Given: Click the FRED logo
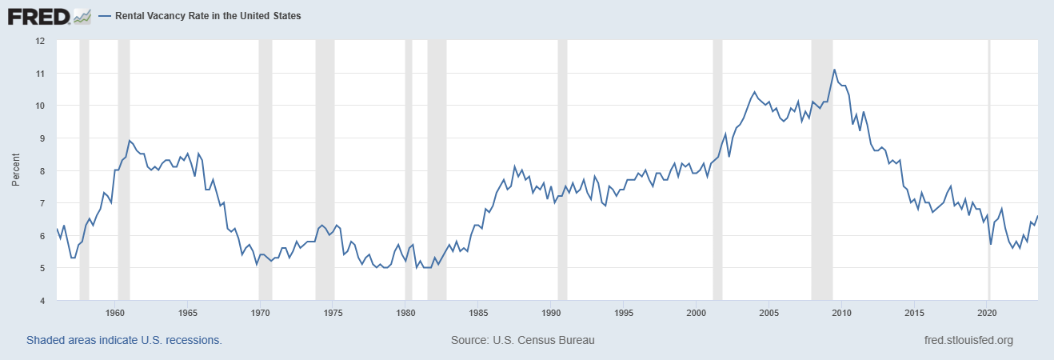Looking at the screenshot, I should click(x=48, y=15).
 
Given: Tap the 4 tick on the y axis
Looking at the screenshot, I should click(x=43, y=301).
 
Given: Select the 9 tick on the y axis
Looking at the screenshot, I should click(x=43, y=138).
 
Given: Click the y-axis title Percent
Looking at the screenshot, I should click(x=16, y=170).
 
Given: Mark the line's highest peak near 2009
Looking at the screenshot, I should click(x=834, y=70).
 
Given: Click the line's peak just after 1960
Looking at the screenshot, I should click(x=130, y=141).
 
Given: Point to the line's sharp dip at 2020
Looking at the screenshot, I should click(x=991, y=243).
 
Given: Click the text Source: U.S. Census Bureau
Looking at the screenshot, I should click(x=523, y=340).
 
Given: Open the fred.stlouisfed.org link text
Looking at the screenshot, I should click(x=968, y=340).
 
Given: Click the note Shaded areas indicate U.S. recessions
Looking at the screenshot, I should click(x=124, y=340).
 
